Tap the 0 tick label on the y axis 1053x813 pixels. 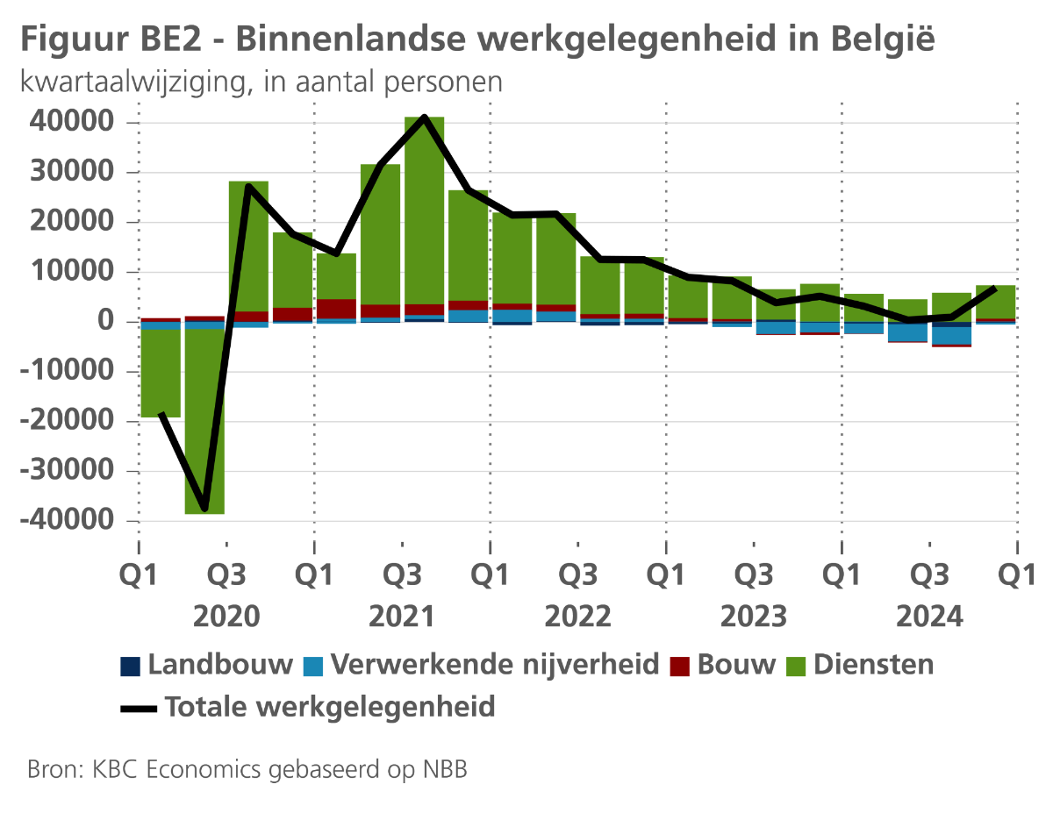[106, 322]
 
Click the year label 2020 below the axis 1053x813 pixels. [226, 617]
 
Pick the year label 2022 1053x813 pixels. [577, 617]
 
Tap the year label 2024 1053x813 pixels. [929, 617]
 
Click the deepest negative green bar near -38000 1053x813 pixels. [204, 421]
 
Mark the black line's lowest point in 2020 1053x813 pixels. [204, 508]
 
